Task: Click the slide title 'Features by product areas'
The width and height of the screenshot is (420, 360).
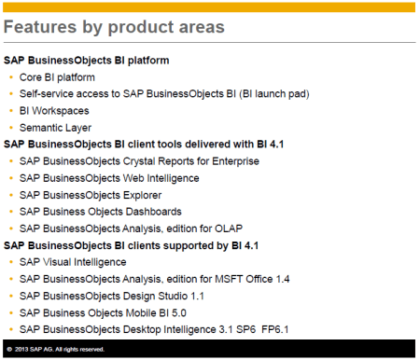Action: click(x=114, y=27)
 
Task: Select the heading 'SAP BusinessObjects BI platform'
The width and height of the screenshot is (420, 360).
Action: click(x=87, y=61)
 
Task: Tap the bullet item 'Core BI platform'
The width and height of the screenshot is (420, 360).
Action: click(x=58, y=77)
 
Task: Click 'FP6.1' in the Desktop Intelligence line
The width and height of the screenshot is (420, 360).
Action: click(x=315, y=329)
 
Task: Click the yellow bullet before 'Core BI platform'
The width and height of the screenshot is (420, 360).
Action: click(x=12, y=77)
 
